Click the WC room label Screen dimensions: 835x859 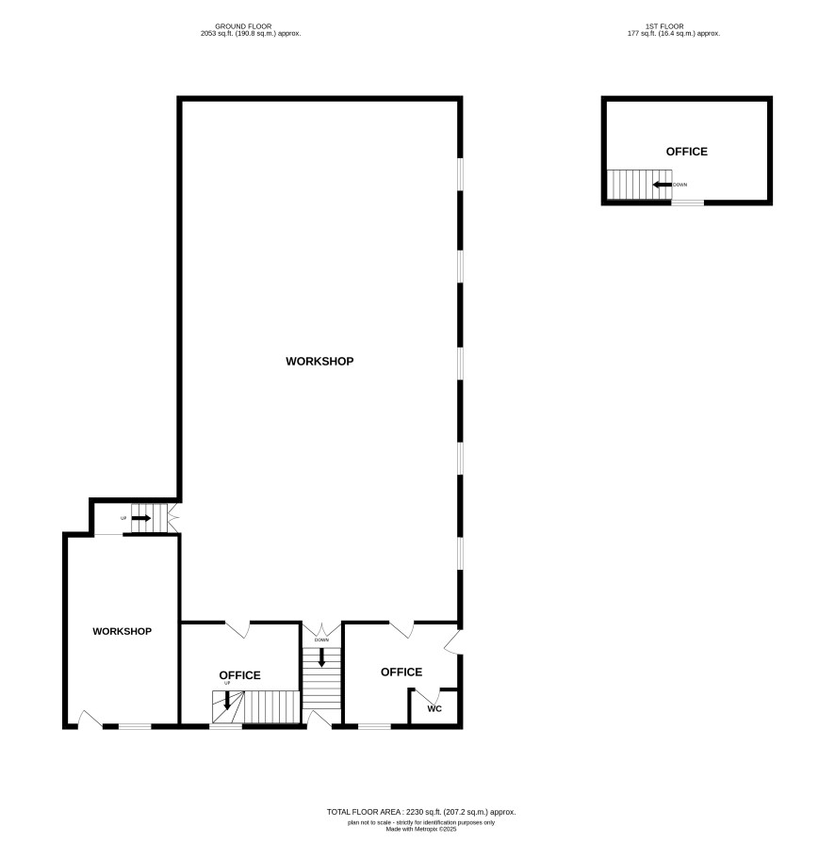click(434, 709)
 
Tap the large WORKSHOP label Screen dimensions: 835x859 click(319, 361)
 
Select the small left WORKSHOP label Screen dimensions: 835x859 click(122, 631)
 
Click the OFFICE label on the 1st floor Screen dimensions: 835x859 click(686, 152)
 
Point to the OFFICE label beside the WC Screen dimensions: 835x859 click(401, 673)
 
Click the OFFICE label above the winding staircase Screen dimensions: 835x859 click(239, 675)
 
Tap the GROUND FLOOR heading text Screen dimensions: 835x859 click(243, 26)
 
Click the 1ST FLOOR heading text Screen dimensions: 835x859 click(664, 26)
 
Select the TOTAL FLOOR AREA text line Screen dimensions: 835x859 click(421, 812)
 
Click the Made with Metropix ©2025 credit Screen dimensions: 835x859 click(421, 830)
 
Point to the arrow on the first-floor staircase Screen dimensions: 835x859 click(663, 185)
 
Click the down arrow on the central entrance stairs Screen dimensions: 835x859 click(321, 657)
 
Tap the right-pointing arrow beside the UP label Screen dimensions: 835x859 click(141, 518)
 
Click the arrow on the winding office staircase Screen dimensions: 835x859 click(227, 701)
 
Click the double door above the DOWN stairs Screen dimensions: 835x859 click(321, 629)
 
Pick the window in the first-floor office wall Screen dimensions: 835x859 click(688, 203)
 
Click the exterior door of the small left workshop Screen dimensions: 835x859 click(90, 720)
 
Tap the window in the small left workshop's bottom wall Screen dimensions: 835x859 click(135, 726)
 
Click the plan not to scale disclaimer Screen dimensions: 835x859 click(421, 823)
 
